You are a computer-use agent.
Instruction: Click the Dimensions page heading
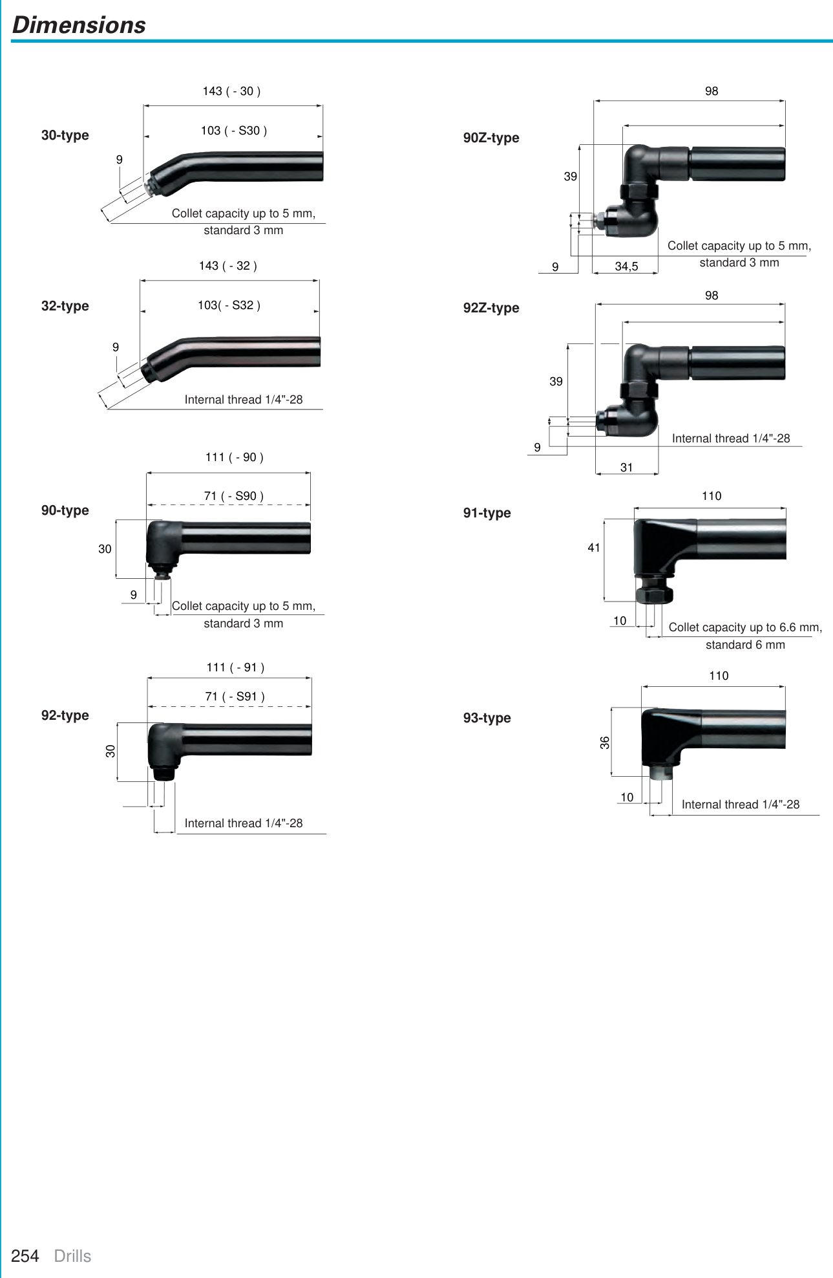point(79,25)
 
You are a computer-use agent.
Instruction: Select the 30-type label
point(65,135)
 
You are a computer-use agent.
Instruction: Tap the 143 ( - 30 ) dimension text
point(231,91)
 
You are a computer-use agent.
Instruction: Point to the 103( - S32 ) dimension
point(229,305)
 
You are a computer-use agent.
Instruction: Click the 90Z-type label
point(491,138)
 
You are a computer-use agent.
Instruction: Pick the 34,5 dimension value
point(626,266)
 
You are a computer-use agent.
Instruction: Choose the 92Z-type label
point(491,308)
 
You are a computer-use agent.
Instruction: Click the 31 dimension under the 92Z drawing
point(626,468)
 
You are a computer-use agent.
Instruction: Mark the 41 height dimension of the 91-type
point(594,548)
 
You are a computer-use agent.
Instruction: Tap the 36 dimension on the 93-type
point(605,742)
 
